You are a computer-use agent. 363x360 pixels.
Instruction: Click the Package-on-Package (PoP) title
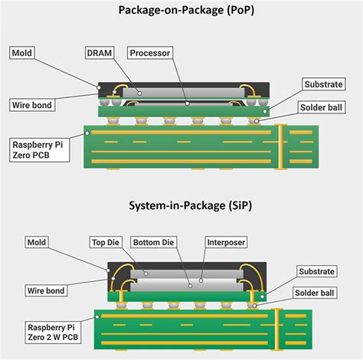[181, 10]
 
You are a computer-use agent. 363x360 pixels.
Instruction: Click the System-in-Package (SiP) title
[181, 205]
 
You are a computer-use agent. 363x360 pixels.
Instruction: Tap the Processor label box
[150, 53]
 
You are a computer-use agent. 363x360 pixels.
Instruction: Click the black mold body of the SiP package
[184, 265]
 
